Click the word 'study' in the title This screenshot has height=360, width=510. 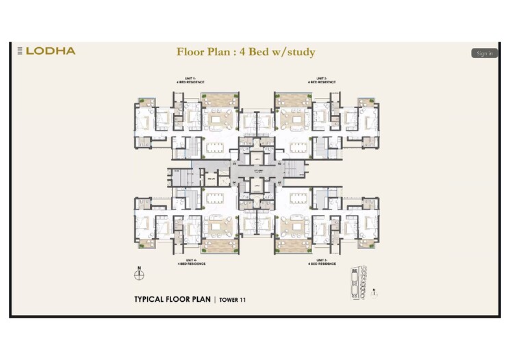[x=298, y=52]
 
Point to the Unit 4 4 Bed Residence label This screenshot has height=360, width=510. [x=188, y=261]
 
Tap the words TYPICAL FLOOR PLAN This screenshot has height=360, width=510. [x=173, y=299]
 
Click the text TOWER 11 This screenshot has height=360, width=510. [x=233, y=300]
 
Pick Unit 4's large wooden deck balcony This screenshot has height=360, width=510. [x=220, y=241]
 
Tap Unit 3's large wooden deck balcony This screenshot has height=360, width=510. [x=293, y=241]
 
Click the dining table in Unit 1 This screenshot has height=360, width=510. [x=216, y=146]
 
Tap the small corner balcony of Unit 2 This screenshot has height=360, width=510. [x=370, y=102]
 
